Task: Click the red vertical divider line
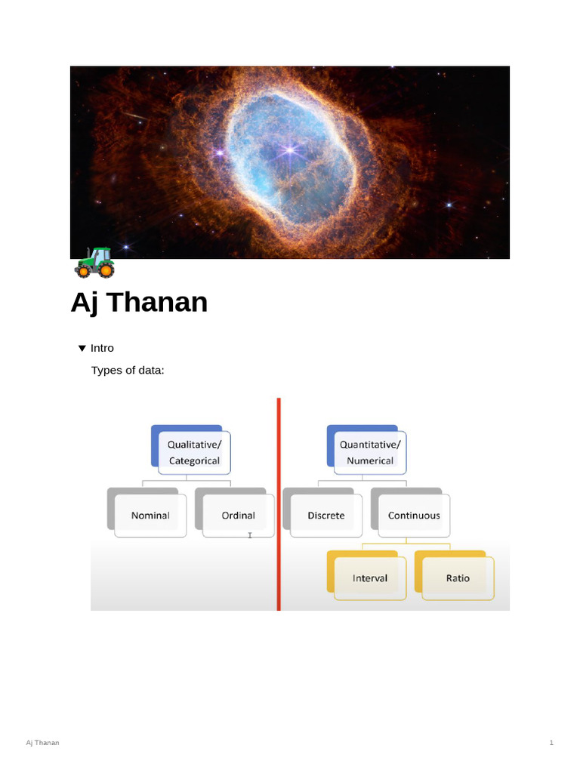[279, 504]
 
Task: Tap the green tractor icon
[94, 263]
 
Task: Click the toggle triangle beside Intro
[82, 349]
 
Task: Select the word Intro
[102, 348]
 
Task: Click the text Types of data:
[128, 370]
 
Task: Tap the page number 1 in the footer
[551, 743]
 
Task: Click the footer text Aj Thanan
[42, 743]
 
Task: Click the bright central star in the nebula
[290, 150]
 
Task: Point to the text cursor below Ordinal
[250, 535]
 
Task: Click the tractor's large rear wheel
[106, 270]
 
